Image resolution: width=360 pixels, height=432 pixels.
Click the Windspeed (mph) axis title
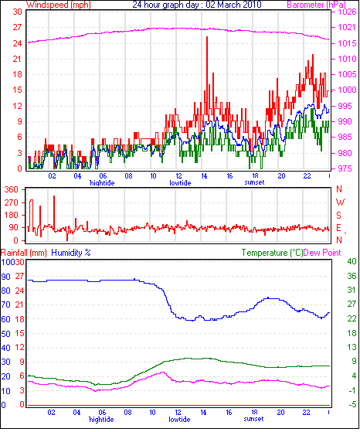point(59,5)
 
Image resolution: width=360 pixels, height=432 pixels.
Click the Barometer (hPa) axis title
point(316,5)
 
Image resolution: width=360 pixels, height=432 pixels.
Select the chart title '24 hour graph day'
point(165,5)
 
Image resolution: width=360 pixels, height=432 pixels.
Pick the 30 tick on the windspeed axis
point(17,12)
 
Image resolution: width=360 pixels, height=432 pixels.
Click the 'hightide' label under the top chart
point(102,183)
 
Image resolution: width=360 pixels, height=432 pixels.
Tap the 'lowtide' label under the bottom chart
point(179,420)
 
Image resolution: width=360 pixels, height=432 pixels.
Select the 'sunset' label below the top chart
point(254,182)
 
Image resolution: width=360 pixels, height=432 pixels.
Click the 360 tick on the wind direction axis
point(12,189)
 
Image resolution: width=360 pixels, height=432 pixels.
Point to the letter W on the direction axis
point(340,202)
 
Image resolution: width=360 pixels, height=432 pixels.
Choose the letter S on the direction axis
point(339,215)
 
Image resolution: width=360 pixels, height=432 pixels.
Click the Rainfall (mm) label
point(24,253)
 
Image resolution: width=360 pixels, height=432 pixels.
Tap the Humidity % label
point(71,253)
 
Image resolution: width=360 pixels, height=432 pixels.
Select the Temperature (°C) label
point(272,253)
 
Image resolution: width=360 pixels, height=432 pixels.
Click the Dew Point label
point(322,253)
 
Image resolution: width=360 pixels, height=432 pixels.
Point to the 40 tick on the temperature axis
point(352,261)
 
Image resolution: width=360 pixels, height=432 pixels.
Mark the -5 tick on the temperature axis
point(352,405)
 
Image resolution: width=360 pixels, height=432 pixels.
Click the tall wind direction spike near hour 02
point(54,213)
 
